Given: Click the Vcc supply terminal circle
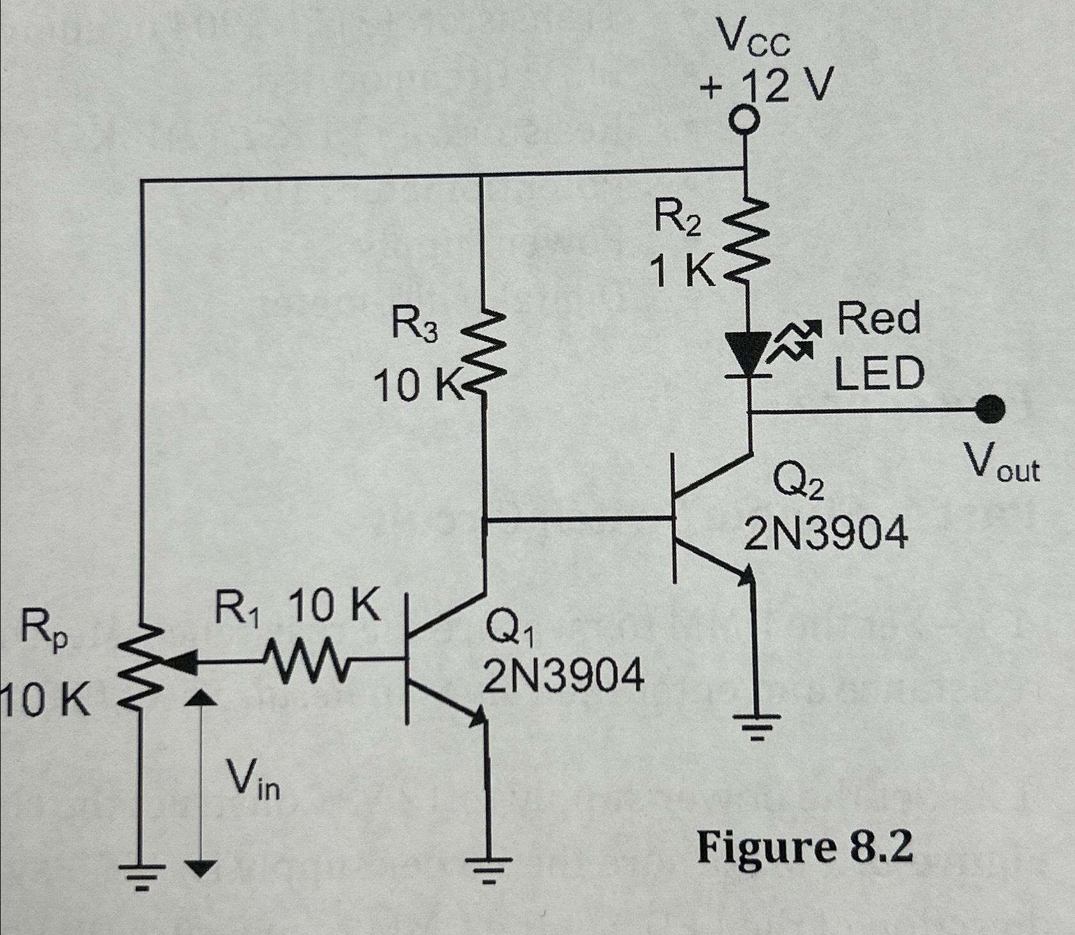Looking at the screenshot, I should click(743, 120).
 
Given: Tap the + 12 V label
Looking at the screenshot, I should click(766, 86).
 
